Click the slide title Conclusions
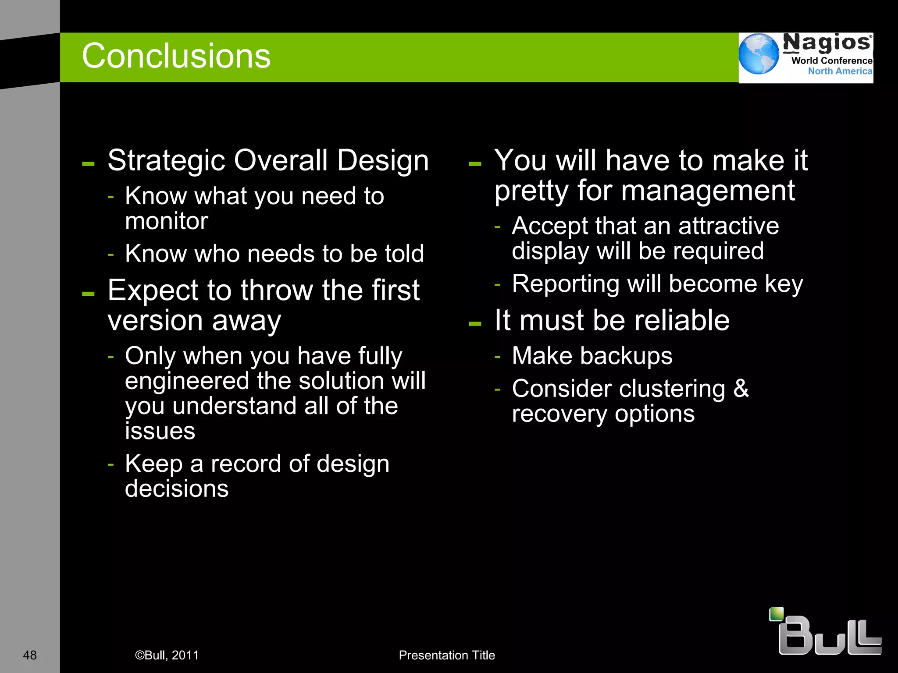pos(176,56)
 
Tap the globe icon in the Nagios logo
pos(758,54)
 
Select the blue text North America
pos(840,71)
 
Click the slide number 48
pos(30,655)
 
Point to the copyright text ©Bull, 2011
pos(167,655)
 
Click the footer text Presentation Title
pos(446,655)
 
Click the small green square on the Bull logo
pos(777,614)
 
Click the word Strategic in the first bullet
pos(167,160)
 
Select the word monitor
pos(166,221)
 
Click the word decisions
pos(177,489)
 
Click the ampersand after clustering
pos(741,388)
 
